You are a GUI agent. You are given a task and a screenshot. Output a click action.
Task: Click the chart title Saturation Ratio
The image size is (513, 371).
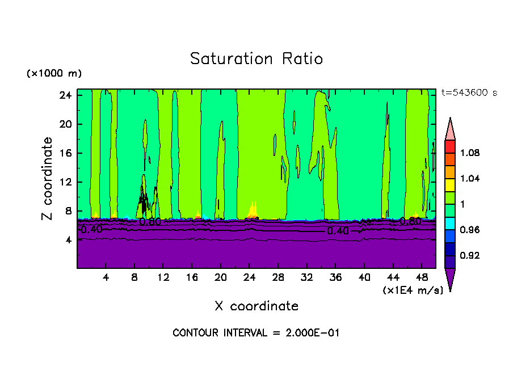click(x=256, y=59)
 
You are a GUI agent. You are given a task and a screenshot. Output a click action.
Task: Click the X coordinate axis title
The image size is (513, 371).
click(x=256, y=306)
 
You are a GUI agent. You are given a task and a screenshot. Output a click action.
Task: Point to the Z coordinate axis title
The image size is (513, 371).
click(x=48, y=179)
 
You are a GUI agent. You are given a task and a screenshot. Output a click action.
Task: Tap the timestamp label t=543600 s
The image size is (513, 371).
click(x=469, y=93)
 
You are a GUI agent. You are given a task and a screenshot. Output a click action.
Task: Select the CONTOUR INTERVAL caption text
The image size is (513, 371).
click(x=256, y=333)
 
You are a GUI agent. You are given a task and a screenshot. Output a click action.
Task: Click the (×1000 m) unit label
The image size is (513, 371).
click(x=54, y=74)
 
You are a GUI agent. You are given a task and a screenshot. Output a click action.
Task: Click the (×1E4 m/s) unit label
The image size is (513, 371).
click(x=413, y=290)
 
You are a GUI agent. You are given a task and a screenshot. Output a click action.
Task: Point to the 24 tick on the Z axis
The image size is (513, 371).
click(x=66, y=95)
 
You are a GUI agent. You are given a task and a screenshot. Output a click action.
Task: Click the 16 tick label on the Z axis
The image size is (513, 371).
click(x=66, y=153)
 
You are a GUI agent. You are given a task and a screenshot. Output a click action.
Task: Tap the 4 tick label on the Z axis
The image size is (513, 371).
click(x=69, y=240)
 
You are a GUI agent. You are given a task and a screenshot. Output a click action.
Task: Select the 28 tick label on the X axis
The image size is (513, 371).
click(x=278, y=277)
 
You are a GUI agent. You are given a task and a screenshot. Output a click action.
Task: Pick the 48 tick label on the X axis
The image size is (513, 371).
click(x=422, y=277)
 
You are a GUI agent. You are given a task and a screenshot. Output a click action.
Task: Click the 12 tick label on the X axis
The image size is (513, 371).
click(x=163, y=277)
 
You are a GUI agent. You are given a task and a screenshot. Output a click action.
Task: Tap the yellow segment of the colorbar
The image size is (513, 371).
click(x=450, y=185)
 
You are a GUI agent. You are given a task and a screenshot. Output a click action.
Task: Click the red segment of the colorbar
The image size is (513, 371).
click(x=450, y=146)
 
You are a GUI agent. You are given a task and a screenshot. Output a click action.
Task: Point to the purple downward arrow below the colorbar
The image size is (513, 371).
click(x=450, y=279)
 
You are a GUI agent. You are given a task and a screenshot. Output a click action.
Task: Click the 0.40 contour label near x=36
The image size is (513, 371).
click(x=338, y=231)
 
